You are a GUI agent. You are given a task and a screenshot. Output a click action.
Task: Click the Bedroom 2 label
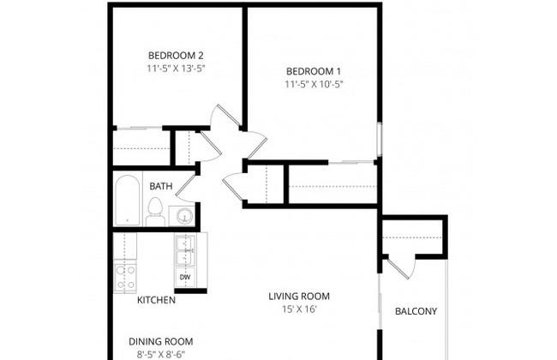pyautogui.click(x=176, y=56)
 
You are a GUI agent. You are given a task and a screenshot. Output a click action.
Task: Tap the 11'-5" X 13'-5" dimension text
pyautogui.click(x=177, y=69)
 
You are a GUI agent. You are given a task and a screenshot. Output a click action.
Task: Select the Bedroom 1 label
pyautogui.click(x=314, y=71)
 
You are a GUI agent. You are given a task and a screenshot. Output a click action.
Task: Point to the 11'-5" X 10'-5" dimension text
pyautogui.click(x=314, y=84)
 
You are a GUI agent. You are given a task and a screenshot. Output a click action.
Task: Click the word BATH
pyautogui.click(x=161, y=186)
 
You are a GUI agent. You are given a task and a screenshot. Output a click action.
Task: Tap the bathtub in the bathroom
pyautogui.click(x=127, y=200)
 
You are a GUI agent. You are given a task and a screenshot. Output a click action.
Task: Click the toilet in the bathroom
pyautogui.click(x=155, y=212)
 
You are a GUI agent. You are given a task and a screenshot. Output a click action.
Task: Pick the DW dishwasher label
pyautogui.click(x=184, y=277)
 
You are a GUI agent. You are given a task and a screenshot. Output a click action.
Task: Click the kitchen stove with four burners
pyautogui.click(x=125, y=277)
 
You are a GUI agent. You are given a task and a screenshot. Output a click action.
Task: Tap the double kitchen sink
pyautogui.click(x=184, y=249)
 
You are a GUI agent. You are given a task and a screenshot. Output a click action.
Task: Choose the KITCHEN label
pyautogui.click(x=156, y=300)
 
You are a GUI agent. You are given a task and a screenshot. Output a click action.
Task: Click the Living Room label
pyautogui.click(x=299, y=297)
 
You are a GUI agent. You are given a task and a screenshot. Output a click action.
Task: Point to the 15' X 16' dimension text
pyautogui.click(x=299, y=309)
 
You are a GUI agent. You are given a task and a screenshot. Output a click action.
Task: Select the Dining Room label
pyautogui.click(x=161, y=342)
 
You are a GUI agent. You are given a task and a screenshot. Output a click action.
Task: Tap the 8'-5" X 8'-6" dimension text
pyautogui.click(x=161, y=355)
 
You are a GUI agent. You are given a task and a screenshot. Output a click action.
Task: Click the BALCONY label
pyautogui.click(x=416, y=312)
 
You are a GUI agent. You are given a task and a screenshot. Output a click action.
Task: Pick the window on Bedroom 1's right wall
pyautogui.click(x=380, y=139)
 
